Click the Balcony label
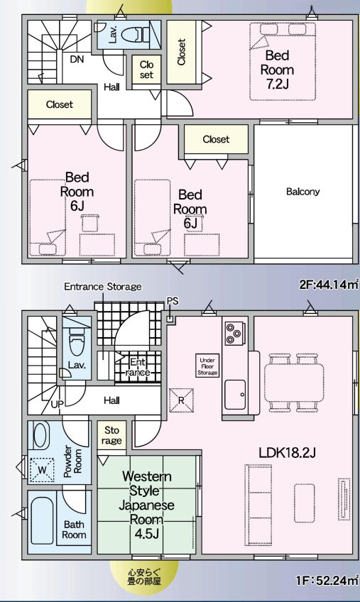303,192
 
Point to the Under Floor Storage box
207,365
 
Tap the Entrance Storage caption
103,287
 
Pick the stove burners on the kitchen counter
234,332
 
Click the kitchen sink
235,390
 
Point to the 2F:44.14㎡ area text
327,285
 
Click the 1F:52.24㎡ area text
327,580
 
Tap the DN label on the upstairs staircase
77,59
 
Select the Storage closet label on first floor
113,435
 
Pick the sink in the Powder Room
41,434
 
